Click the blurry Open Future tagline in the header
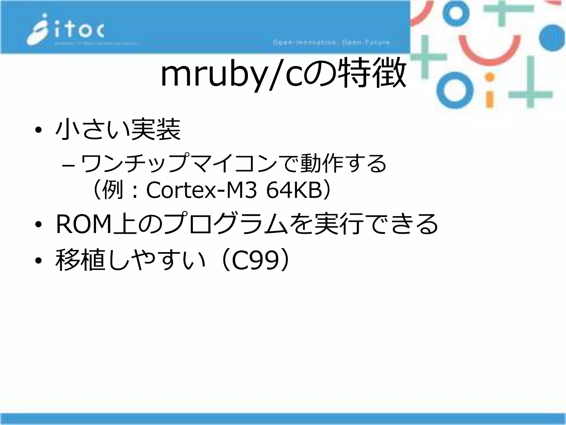332,43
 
